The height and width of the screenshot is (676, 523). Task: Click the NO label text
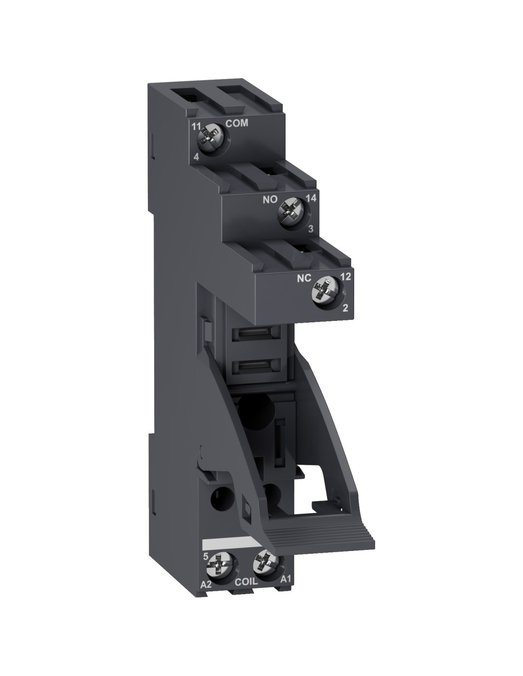pyautogui.click(x=270, y=200)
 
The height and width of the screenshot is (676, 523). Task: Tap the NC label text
pyautogui.click(x=304, y=279)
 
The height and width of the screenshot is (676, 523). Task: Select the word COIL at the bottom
pyautogui.click(x=246, y=582)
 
